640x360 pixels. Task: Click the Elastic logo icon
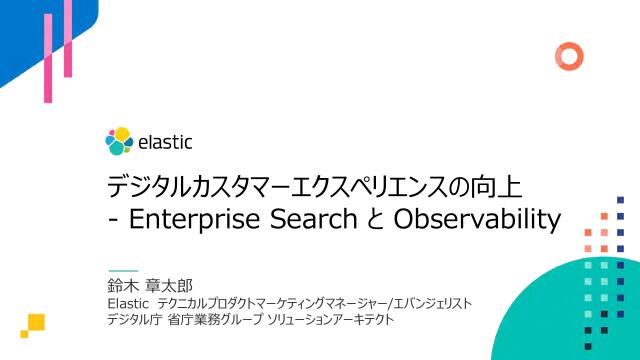(119, 141)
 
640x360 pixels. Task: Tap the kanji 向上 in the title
(523, 186)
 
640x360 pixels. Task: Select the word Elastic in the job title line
(127, 302)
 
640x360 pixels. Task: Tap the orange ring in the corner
(569, 54)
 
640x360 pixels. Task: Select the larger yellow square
(37, 322)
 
